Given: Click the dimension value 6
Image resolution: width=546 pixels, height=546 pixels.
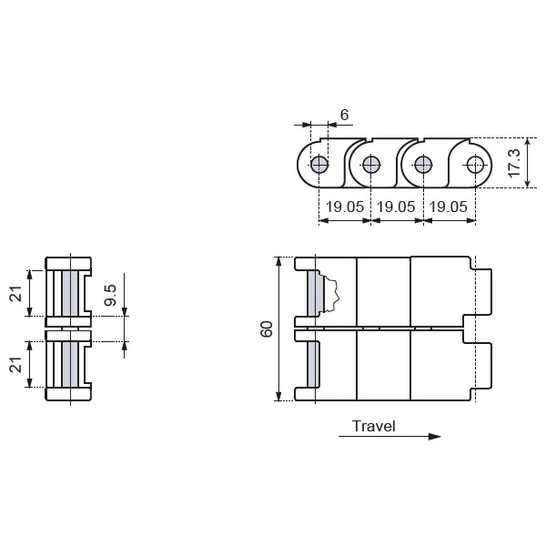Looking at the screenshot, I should [x=344, y=115].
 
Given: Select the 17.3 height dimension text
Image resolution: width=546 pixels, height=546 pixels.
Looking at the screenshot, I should [x=514, y=164].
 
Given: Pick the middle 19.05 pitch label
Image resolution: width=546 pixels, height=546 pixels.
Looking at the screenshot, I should [x=396, y=207].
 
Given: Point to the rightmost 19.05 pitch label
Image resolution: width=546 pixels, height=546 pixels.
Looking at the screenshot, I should [x=449, y=207].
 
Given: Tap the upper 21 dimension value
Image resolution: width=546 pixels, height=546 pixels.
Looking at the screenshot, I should [x=15, y=293].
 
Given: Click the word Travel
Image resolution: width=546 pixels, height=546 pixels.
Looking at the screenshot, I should [x=373, y=426].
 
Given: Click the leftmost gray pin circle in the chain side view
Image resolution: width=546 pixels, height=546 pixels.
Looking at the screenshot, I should [x=318, y=165].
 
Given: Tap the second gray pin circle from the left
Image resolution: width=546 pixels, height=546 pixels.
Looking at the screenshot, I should [x=370, y=165].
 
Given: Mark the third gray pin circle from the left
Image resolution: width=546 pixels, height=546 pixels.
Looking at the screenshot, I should [x=422, y=165].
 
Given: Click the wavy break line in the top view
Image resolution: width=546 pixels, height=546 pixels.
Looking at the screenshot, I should [x=334, y=292].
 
